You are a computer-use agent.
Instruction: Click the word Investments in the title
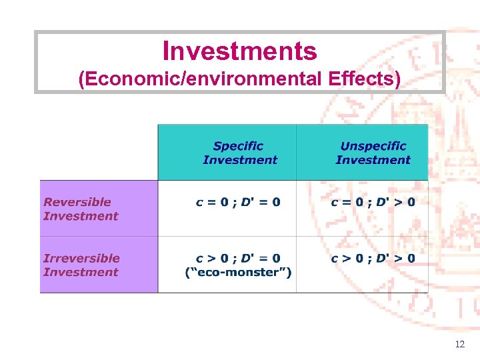[x=239, y=51]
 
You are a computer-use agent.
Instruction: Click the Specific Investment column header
[x=239, y=153]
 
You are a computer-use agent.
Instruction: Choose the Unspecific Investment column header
[x=373, y=153]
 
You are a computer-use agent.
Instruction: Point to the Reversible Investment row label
[x=80, y=209]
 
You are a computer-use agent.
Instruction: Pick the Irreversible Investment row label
[x=81, y=265]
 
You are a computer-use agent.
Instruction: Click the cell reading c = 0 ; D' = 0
[x=238, y=202]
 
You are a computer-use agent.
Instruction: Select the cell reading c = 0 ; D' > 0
[x=373, y=202]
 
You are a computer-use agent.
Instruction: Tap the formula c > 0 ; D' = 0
[x=238, y=258]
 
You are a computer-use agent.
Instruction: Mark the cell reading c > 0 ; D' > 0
[x=373, y=258]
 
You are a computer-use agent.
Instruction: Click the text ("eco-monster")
[x=238, y=272]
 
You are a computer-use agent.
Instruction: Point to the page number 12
[x=459, y=345]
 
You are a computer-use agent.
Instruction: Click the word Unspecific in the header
[x=373, y=146]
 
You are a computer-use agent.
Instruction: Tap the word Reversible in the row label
[x=77, y=202]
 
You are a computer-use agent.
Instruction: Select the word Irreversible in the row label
[x=81, y=258]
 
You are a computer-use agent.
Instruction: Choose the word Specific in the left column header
[x=238, y=146]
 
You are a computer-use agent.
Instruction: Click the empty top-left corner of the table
[x=99, y=152]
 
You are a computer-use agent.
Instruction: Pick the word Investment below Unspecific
[x=373, y=160]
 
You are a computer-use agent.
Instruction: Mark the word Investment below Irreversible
[x=80, y=272]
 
